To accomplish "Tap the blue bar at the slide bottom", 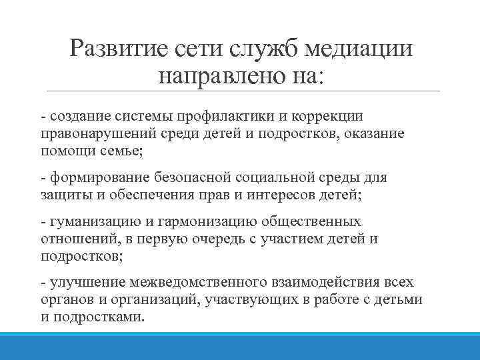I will pos(240,347).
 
